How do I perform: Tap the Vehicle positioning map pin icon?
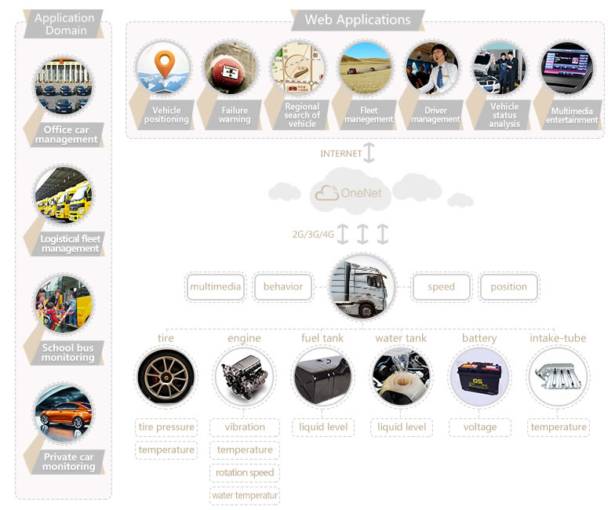pyautogui.click(x=163, y=64)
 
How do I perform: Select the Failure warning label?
pyautogui.click(x=235, y=115)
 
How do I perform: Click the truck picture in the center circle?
pyautogui.click(x=362, y=286)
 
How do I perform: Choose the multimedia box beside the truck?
pyautogui.click(x=215, y=287)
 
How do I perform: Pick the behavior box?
pyautogui.click(x=283, y=287)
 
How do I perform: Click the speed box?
pyautogui.click(x=441, y=287)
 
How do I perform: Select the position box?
pyautogui.click(x=508, y=287)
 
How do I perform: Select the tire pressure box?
pyautogui.click(x=166, y=428)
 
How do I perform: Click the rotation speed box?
pyautogui.click(x=245, y=473)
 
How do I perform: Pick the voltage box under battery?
pyautogui.click(x=480, y=428)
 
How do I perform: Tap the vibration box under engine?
pyautogui.click(x=245, y=428)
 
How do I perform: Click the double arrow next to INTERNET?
pyautogui.click(x=369, y=153)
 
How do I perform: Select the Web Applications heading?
pyautogui.click(x=357, y=20)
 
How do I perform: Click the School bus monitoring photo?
pyautogui.click(x=64, y=304)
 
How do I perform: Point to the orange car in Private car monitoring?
pyautogui.click(x=63, y=413)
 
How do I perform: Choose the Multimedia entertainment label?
pyautogui.click(x=572, y=115)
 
